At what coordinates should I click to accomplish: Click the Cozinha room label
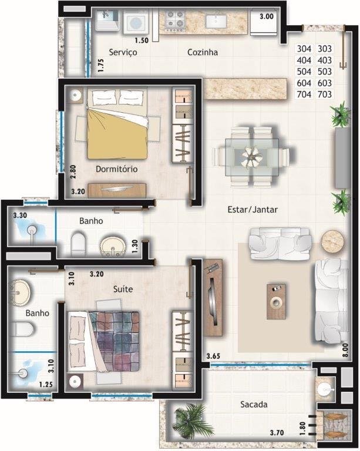(203, 52)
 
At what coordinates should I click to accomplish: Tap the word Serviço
(123, 53)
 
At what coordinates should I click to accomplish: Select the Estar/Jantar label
(253, 210)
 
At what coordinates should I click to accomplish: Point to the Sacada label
(254, 405)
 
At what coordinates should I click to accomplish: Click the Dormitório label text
(116, 169)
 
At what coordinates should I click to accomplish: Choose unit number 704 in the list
(304, 95)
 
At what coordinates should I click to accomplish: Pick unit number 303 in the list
(325, 49)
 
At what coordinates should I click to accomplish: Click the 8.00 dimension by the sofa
(345, 350)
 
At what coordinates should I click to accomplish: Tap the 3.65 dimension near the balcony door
(213, 356)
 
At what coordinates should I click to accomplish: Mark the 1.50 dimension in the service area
(142, 41)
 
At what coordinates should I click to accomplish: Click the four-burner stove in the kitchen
(175, 20)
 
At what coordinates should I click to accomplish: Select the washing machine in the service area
(135, 22)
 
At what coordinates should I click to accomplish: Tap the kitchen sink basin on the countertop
(216, 21)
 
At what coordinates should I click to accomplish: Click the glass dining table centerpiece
(251, 157)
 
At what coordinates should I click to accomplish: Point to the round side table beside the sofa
(332, 241)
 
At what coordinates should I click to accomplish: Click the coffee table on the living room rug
(277, 302)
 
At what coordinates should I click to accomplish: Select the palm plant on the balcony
(191, 422)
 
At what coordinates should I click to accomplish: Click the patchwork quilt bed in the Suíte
(103, 341)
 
